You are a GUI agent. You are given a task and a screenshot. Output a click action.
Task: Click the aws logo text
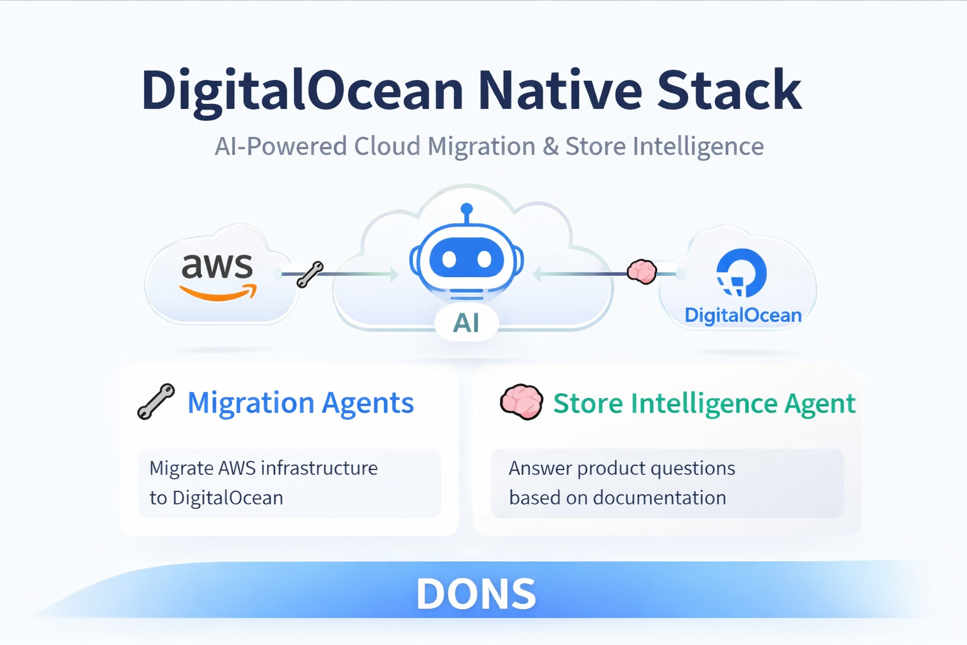217,266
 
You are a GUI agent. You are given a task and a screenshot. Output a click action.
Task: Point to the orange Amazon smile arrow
218,293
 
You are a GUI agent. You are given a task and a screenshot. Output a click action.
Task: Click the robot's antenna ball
467,209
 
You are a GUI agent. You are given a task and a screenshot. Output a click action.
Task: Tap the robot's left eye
449,259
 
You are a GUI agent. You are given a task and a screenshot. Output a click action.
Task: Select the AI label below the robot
467,323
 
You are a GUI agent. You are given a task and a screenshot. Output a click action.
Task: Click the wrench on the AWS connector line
310,275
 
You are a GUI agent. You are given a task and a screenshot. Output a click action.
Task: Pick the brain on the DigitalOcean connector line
642,271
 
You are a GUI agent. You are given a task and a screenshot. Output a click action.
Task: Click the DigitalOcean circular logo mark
742,273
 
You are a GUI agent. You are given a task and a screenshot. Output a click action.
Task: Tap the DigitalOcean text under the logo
743,315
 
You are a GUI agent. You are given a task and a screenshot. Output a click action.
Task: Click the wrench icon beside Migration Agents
156,402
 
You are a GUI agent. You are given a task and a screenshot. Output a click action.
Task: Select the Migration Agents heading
300,403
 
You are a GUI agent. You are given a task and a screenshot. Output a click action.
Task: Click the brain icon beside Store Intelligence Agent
521,402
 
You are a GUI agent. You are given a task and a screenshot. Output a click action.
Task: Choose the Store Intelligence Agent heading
704,404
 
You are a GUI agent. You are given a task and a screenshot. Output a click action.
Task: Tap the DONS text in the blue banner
476,594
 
